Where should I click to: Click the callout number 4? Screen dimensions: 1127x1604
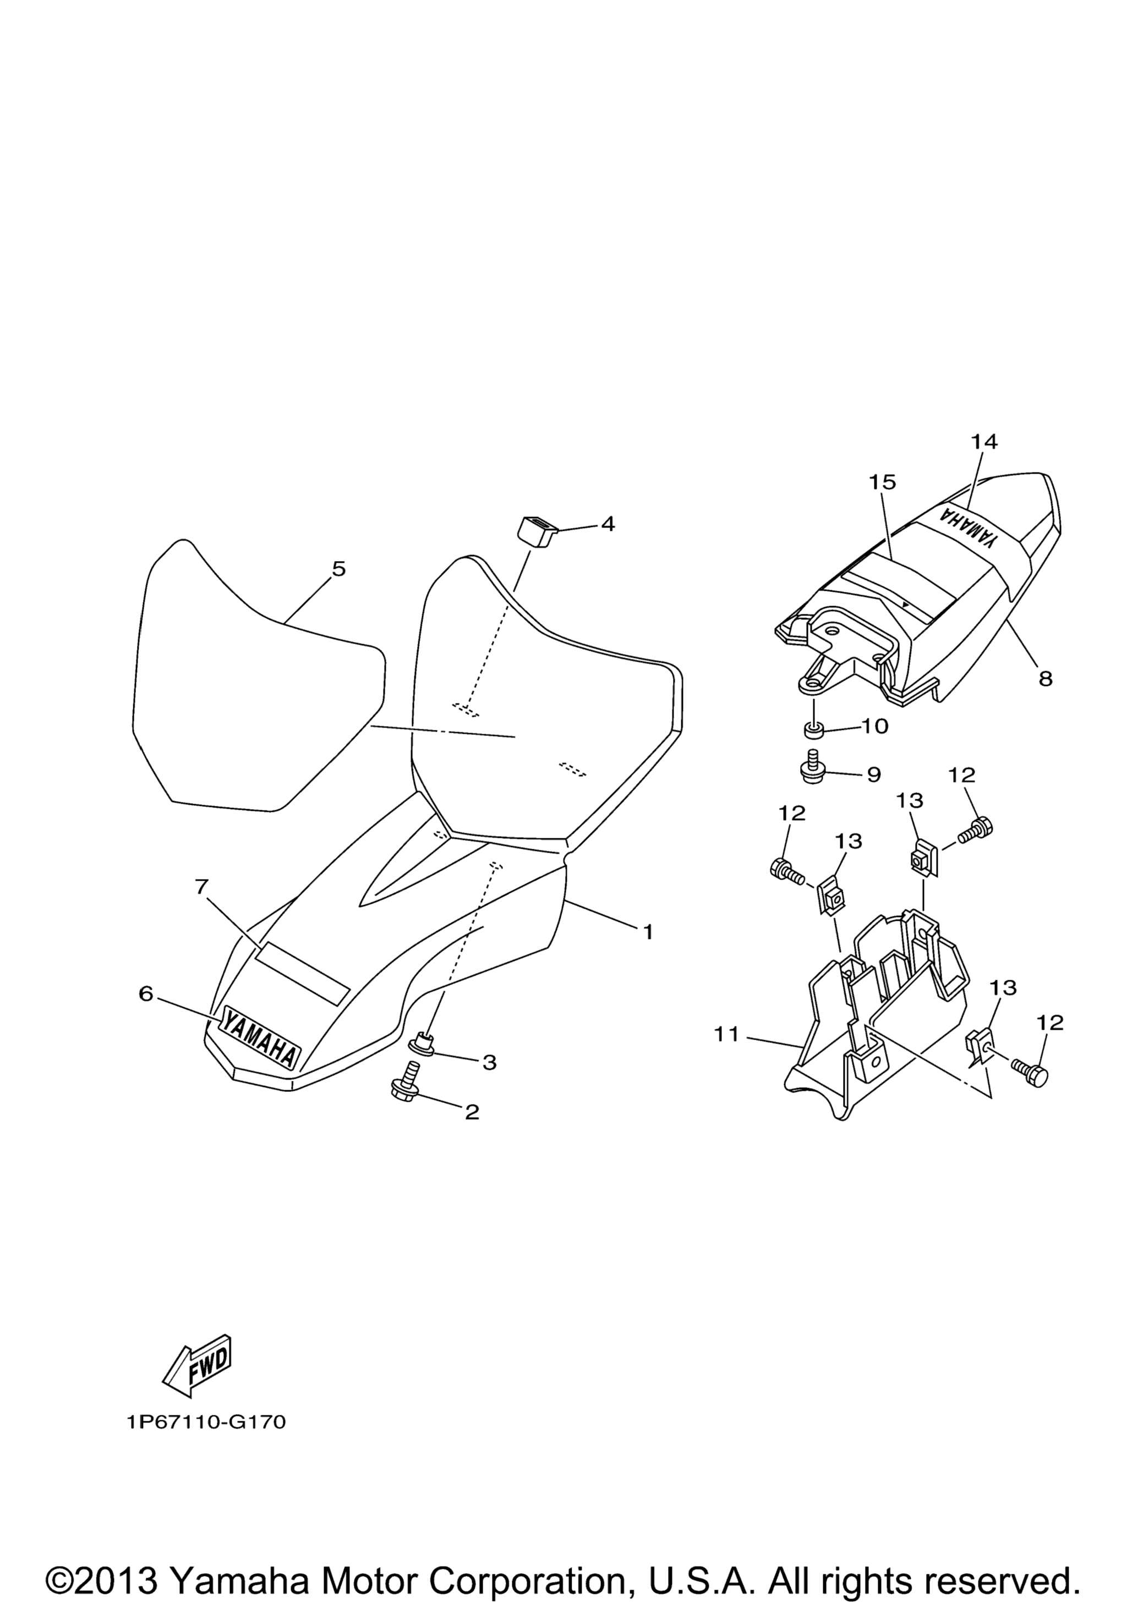(x=608, y=524)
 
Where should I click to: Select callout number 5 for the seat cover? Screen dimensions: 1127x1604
(x=339, y=569)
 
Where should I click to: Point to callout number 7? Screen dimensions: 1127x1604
(x=201, y=887)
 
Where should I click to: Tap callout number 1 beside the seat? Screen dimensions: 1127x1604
(x=648, y=932)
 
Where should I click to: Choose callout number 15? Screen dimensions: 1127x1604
(x=883, y=482)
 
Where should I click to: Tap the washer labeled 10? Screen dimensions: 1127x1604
(x=813, y=730)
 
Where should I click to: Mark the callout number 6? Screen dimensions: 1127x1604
(x=145, y=993)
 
